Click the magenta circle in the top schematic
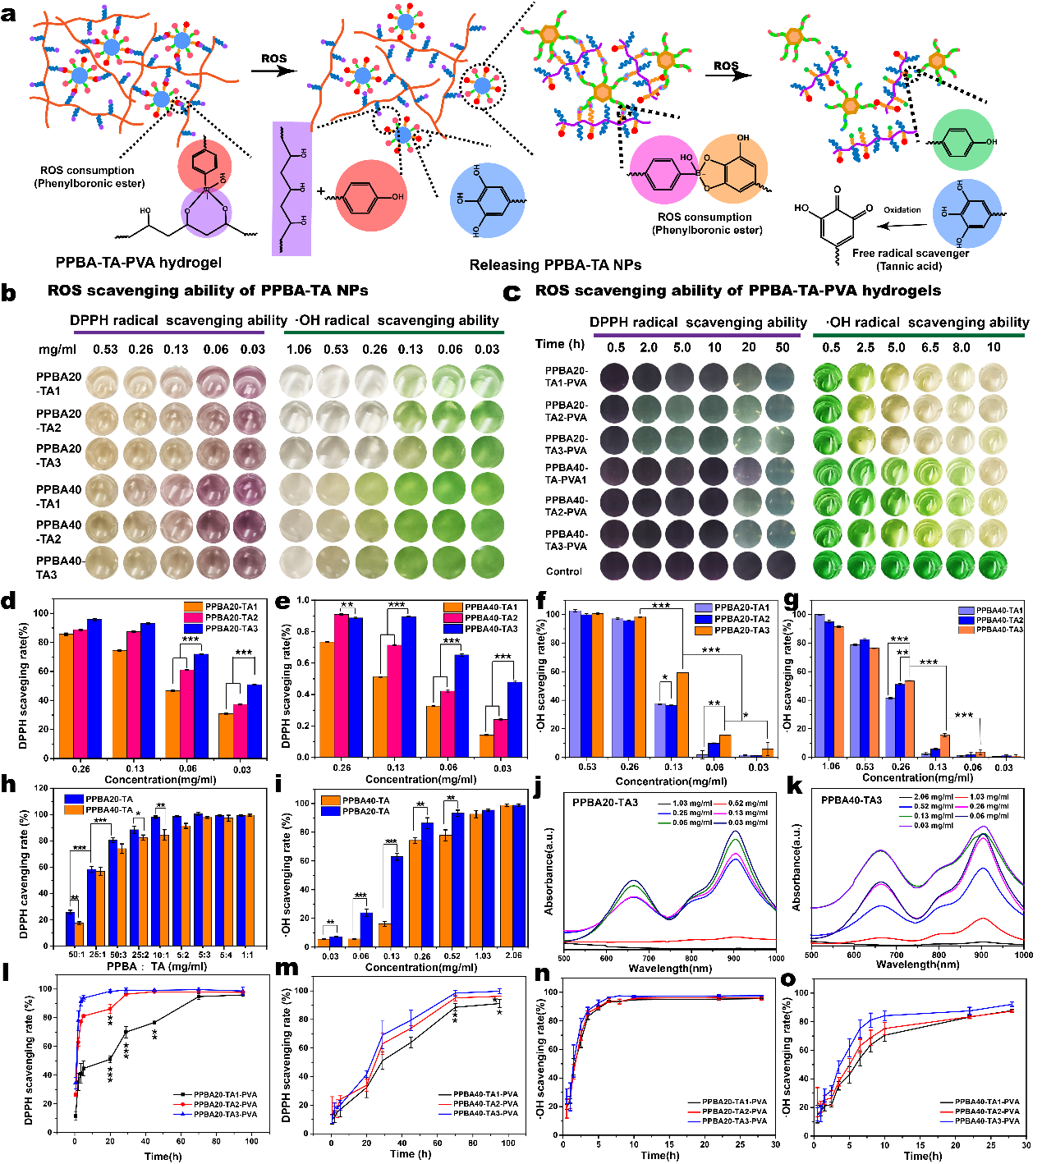coord(663,170)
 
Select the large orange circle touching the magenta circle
coord(733,168)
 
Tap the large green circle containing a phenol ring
coord(963,140)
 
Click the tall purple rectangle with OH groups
coord(291,189)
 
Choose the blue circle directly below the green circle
coord(967,213)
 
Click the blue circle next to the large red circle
coord(488,200)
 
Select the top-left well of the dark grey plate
coord(614,378)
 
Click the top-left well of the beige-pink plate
coord(102,382)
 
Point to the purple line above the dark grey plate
coord(696,335)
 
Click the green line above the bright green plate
coord(918,335)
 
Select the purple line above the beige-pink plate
coord(169,332)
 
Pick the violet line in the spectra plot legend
coord(907,826)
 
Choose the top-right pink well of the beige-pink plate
coord(250,382)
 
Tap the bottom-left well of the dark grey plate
coord(614,566)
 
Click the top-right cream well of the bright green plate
coord(993,378)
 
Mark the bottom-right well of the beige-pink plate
coord(250,562)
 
